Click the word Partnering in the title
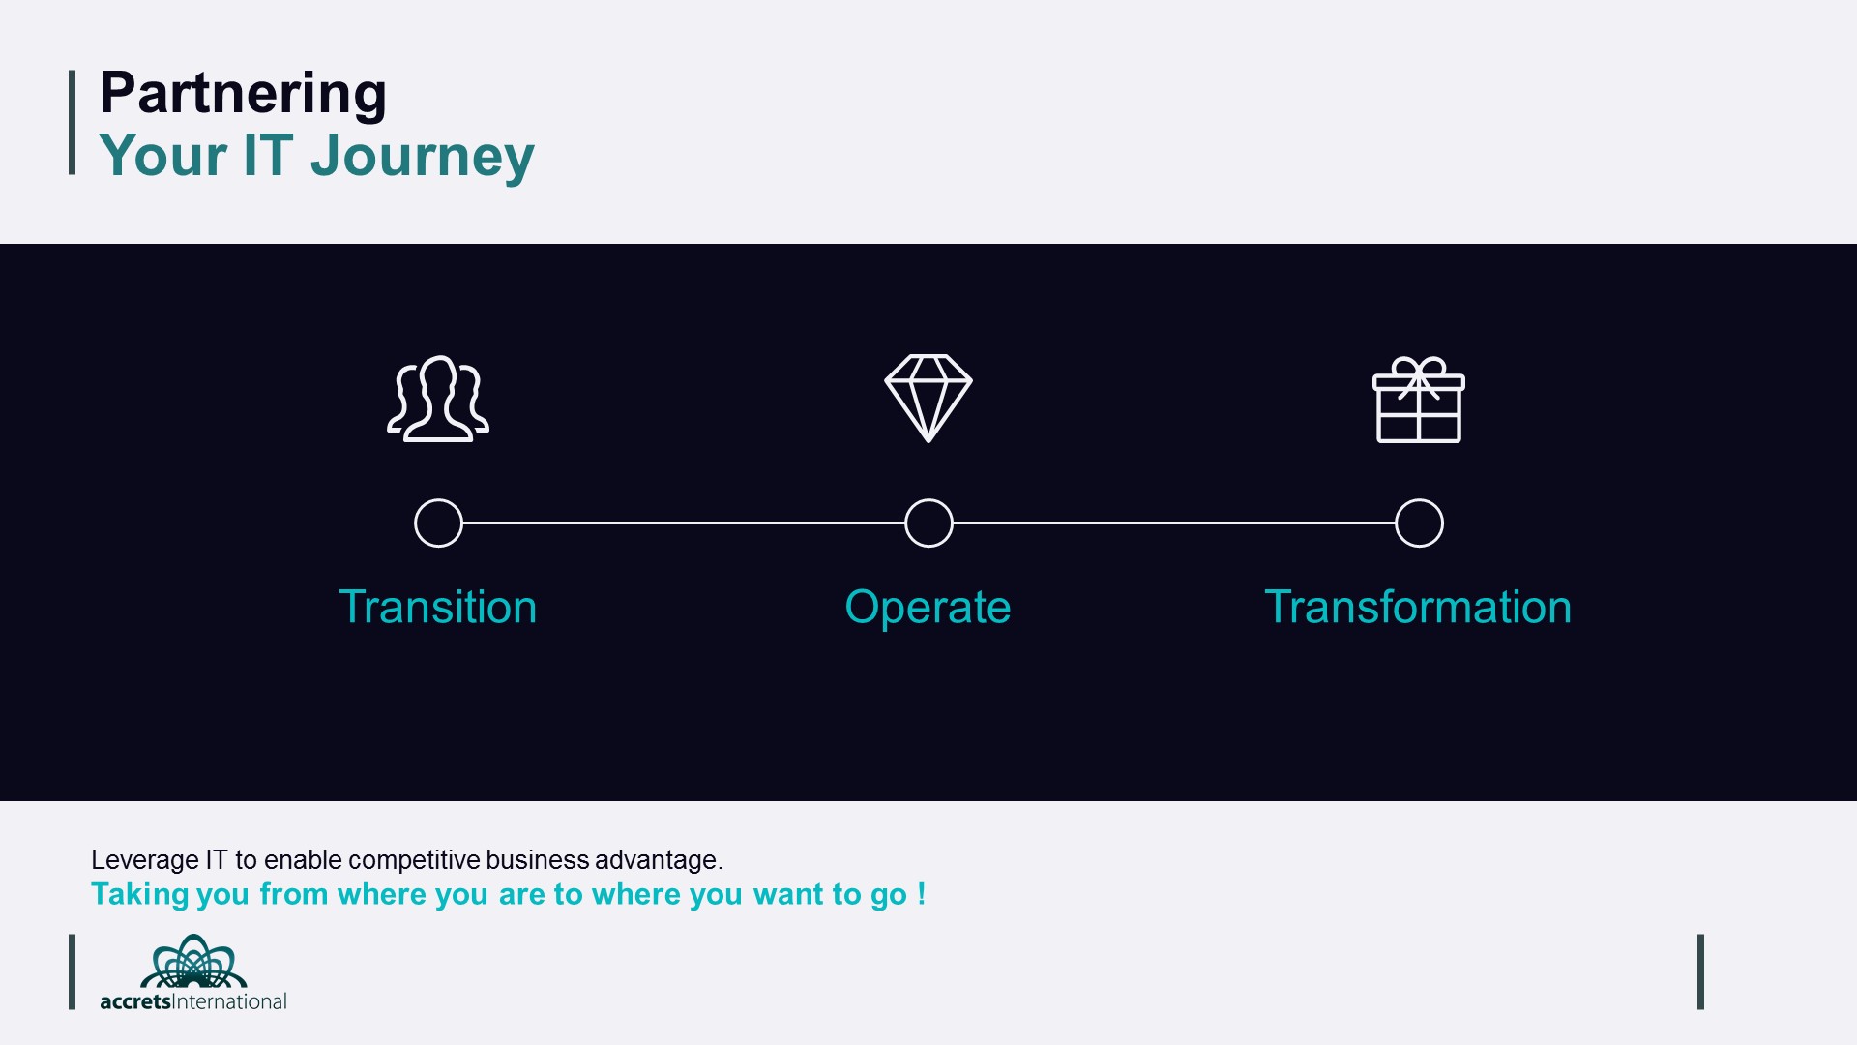[243, 95]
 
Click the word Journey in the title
[422, 157]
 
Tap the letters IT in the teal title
[268, 155]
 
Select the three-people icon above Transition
[438, 399]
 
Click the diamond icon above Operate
[928, 398]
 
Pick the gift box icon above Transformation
[1419, 400]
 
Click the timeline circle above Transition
[438, 499]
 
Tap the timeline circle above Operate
[928, 499]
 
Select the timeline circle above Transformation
[1419, 499]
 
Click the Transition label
[438, 608]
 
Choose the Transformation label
[1419, 608]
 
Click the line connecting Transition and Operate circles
[684, 522]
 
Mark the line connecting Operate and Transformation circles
[1174, 522]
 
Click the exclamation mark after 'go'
[922, 893]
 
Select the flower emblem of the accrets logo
[193, 961]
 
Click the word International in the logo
[230, 1001]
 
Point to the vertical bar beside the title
[73, 122]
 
